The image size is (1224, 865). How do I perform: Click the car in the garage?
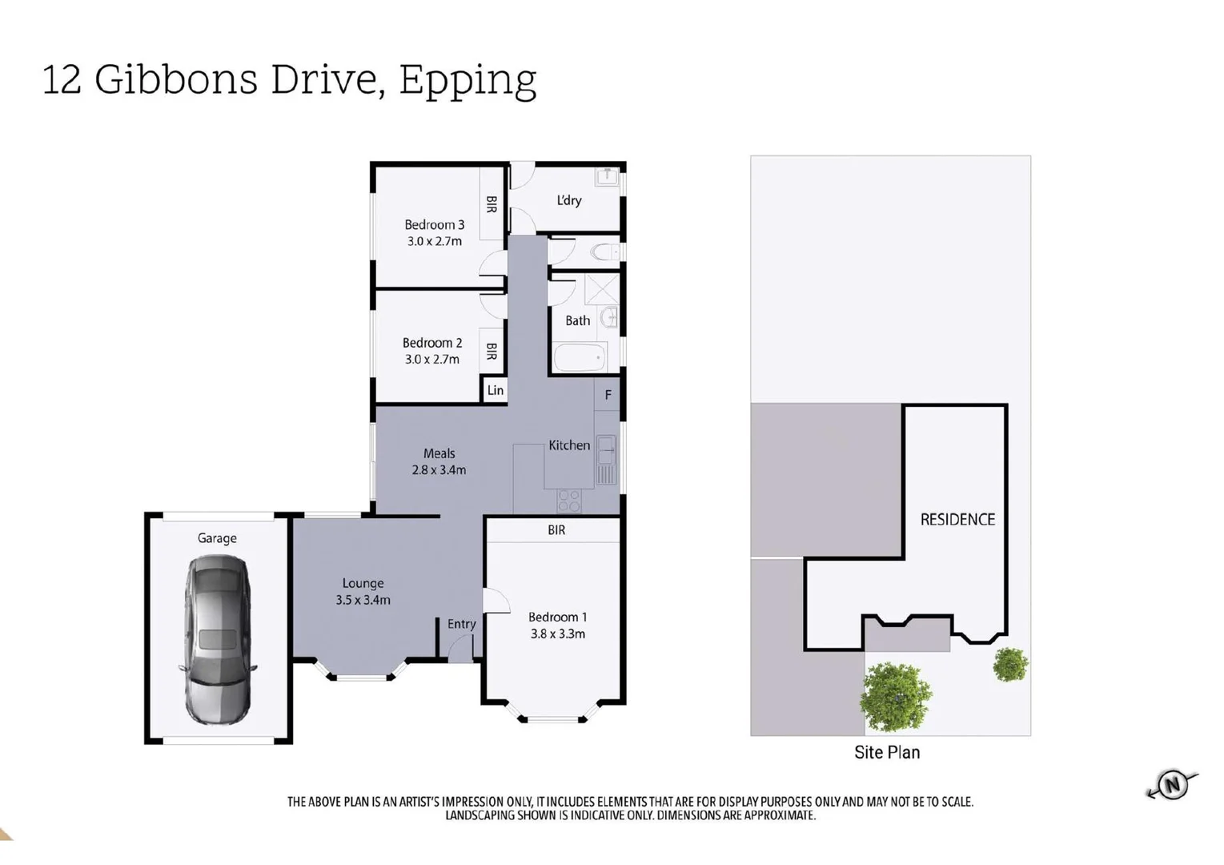click(218, 640)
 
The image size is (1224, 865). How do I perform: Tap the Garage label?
click(217, 538)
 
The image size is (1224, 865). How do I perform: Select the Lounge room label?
click(363, 583)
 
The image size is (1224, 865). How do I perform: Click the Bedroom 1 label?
click(557, 617)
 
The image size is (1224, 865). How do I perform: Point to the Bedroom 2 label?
click(431, 343)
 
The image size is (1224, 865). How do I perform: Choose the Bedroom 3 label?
click(434, 225)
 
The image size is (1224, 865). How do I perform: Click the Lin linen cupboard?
click(496, 390)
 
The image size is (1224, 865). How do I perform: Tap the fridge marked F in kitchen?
click(608, 395)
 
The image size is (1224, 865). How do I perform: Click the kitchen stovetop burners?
click(569, 501)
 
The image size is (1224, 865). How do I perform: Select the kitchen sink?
click(606, 452)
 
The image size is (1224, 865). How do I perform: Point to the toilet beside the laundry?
click(606, 252)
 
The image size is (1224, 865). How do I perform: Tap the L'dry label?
click(568, 200)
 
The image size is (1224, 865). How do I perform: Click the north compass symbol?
click(1173, 784)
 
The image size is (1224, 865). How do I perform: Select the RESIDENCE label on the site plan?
click(957, 519)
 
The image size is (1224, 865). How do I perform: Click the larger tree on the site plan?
click(895, 695)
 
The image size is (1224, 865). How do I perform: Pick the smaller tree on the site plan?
click(1010, 664)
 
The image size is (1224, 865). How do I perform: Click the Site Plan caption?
click(887, 752)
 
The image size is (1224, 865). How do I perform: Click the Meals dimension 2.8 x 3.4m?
click(439, 470)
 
